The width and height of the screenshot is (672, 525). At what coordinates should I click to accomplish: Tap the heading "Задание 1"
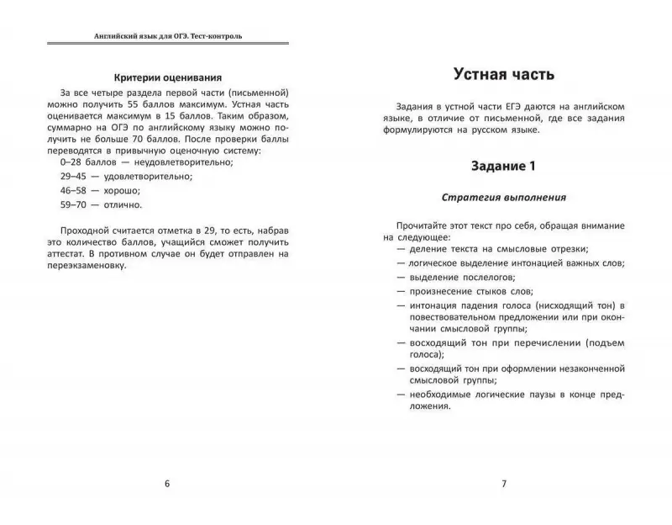[x=502, y=167]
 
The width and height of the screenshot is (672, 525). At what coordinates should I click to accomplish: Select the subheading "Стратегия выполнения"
[x=503, y=199]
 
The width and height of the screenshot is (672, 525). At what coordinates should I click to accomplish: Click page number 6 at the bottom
[x=166, y=483]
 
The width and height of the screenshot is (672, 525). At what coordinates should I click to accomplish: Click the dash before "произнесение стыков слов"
[x=401, y=291]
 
